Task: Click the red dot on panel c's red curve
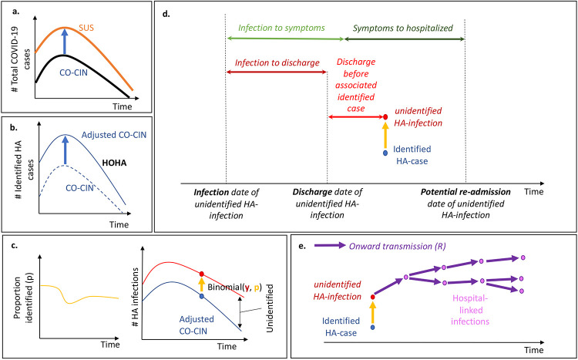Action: [202, 274]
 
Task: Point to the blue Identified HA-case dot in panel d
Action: [385, 153]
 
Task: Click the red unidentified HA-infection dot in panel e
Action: [373, 295]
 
